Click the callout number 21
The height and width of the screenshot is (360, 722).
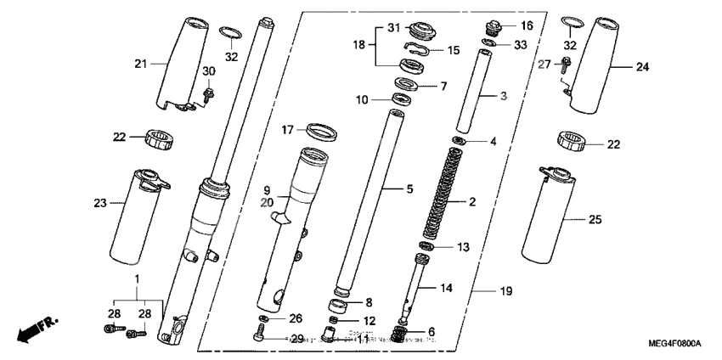click(x=141, y=64)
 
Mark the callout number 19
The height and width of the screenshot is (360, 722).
click(x=506, y=291)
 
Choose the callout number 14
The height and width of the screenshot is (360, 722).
click(x=446, y=288)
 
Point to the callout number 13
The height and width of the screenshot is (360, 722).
click(x=462, y=248)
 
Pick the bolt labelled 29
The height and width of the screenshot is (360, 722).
click(x=259, y=338)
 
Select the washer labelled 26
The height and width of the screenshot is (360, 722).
click(x=262, y=320)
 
